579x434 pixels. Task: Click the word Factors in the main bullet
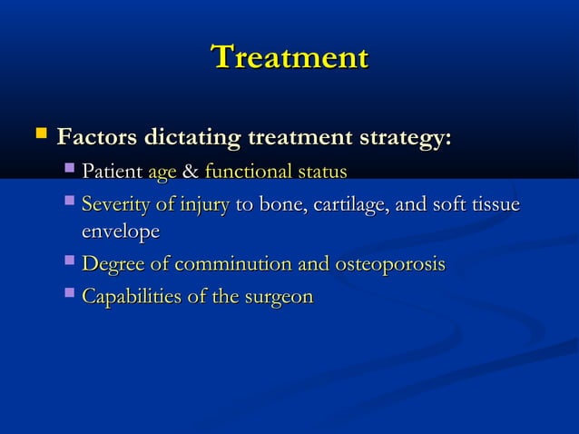(x=93, y=139)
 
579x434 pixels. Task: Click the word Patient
(x=112, y=172)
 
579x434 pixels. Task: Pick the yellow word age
(x=162, y=173)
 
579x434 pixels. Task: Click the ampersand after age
(x=191, y=172)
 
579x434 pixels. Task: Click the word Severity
(x=115, y=205)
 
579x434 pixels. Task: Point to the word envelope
(x=120, y=232)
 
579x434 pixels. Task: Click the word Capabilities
(x=129, y=297)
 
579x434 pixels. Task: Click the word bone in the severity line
(x=280, y=205)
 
